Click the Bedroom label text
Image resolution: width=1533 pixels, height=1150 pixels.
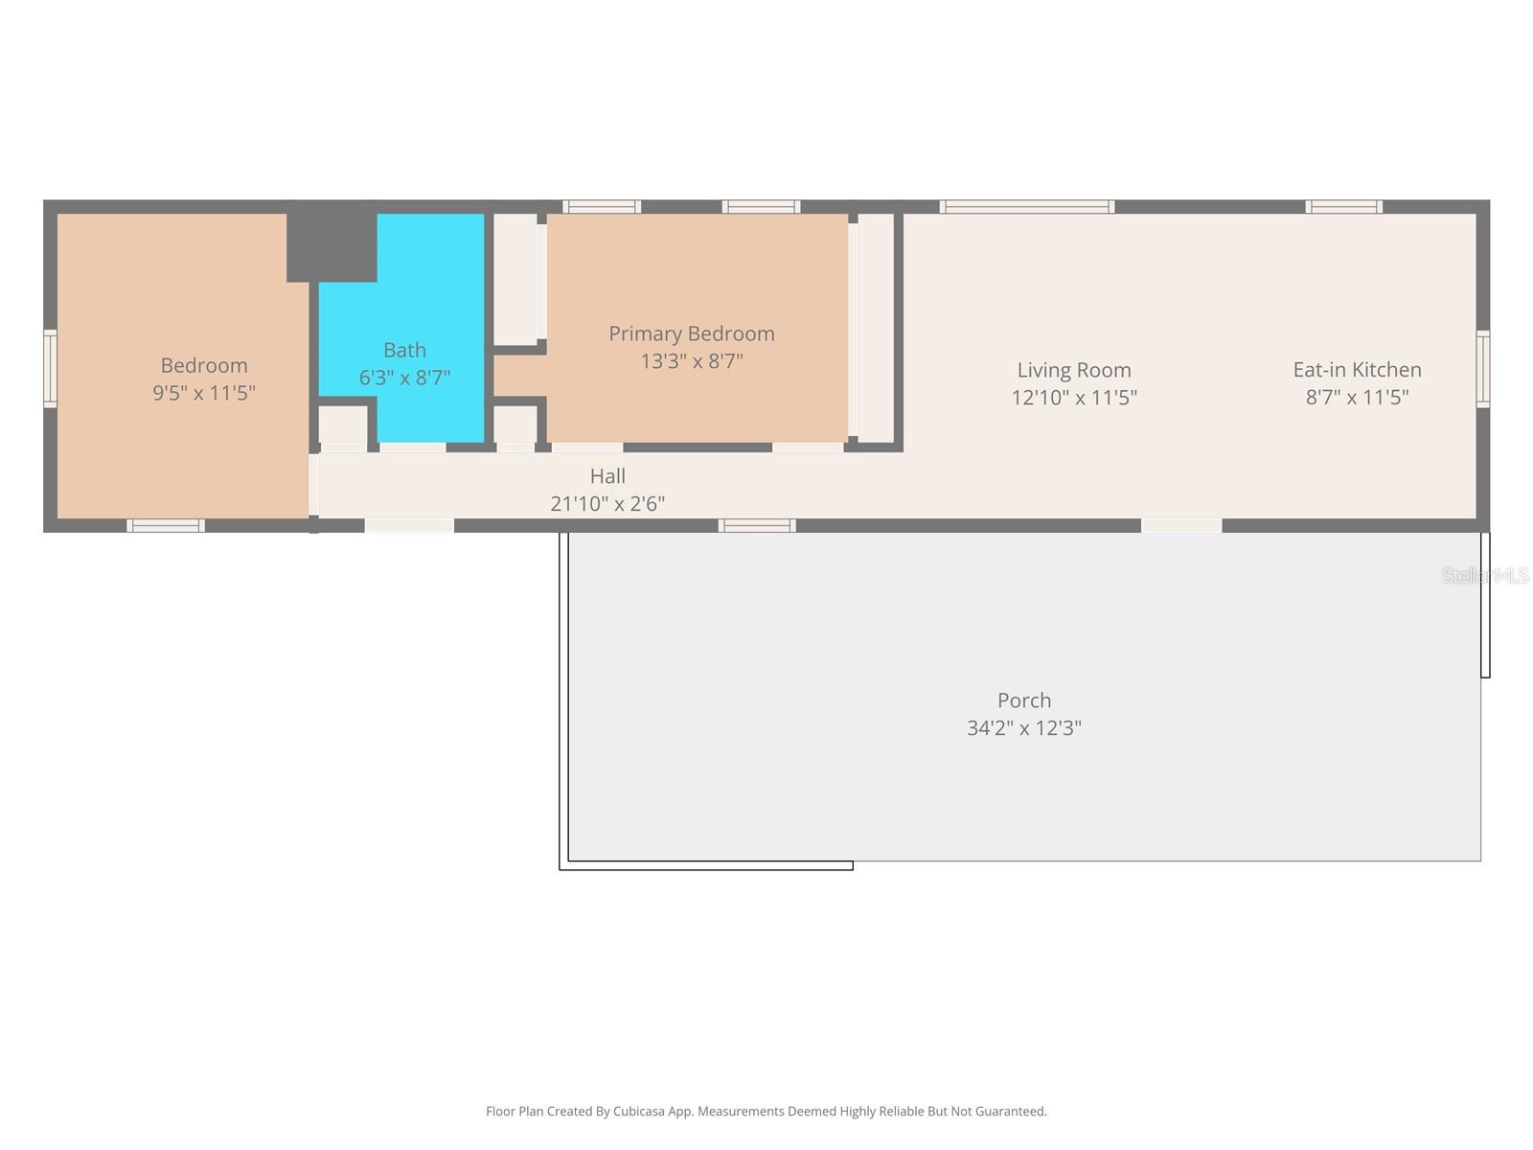[x=204, y=365]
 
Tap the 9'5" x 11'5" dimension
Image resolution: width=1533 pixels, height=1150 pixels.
[x=204, y=393]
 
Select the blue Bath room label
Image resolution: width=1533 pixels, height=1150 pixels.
[x=404, y=350]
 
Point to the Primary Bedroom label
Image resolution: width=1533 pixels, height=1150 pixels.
[x=691, y=333]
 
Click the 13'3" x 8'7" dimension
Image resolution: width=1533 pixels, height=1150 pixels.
[x=691, y=361]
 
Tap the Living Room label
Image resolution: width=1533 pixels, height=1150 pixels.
[x=1074, y=370]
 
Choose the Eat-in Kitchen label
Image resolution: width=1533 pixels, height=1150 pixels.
[x=1357, y=370]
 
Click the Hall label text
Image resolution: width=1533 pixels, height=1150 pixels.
[x=607, y=476]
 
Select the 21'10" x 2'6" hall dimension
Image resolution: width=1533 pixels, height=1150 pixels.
[x=607, y=503]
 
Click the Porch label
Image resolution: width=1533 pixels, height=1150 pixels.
[x=1023, y=701]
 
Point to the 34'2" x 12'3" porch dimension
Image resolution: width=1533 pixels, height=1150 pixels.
[x=1023, y=728]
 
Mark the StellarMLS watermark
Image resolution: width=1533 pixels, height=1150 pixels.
[x=1484, y=575]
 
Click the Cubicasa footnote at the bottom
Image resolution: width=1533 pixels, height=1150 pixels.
[x=766, y=1112]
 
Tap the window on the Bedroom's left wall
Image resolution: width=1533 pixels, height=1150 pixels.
[x=50, y=369]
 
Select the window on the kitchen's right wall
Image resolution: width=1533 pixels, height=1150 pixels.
[x=1483, y=369]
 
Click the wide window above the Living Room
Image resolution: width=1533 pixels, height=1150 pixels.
[x=1026, y=207]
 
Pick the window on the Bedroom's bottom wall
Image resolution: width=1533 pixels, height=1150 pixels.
[x=166, y=525]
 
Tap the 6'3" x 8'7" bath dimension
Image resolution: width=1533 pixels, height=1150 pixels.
[x=404, y=378]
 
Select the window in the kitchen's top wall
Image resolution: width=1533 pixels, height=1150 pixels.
[x=1343, y=207]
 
